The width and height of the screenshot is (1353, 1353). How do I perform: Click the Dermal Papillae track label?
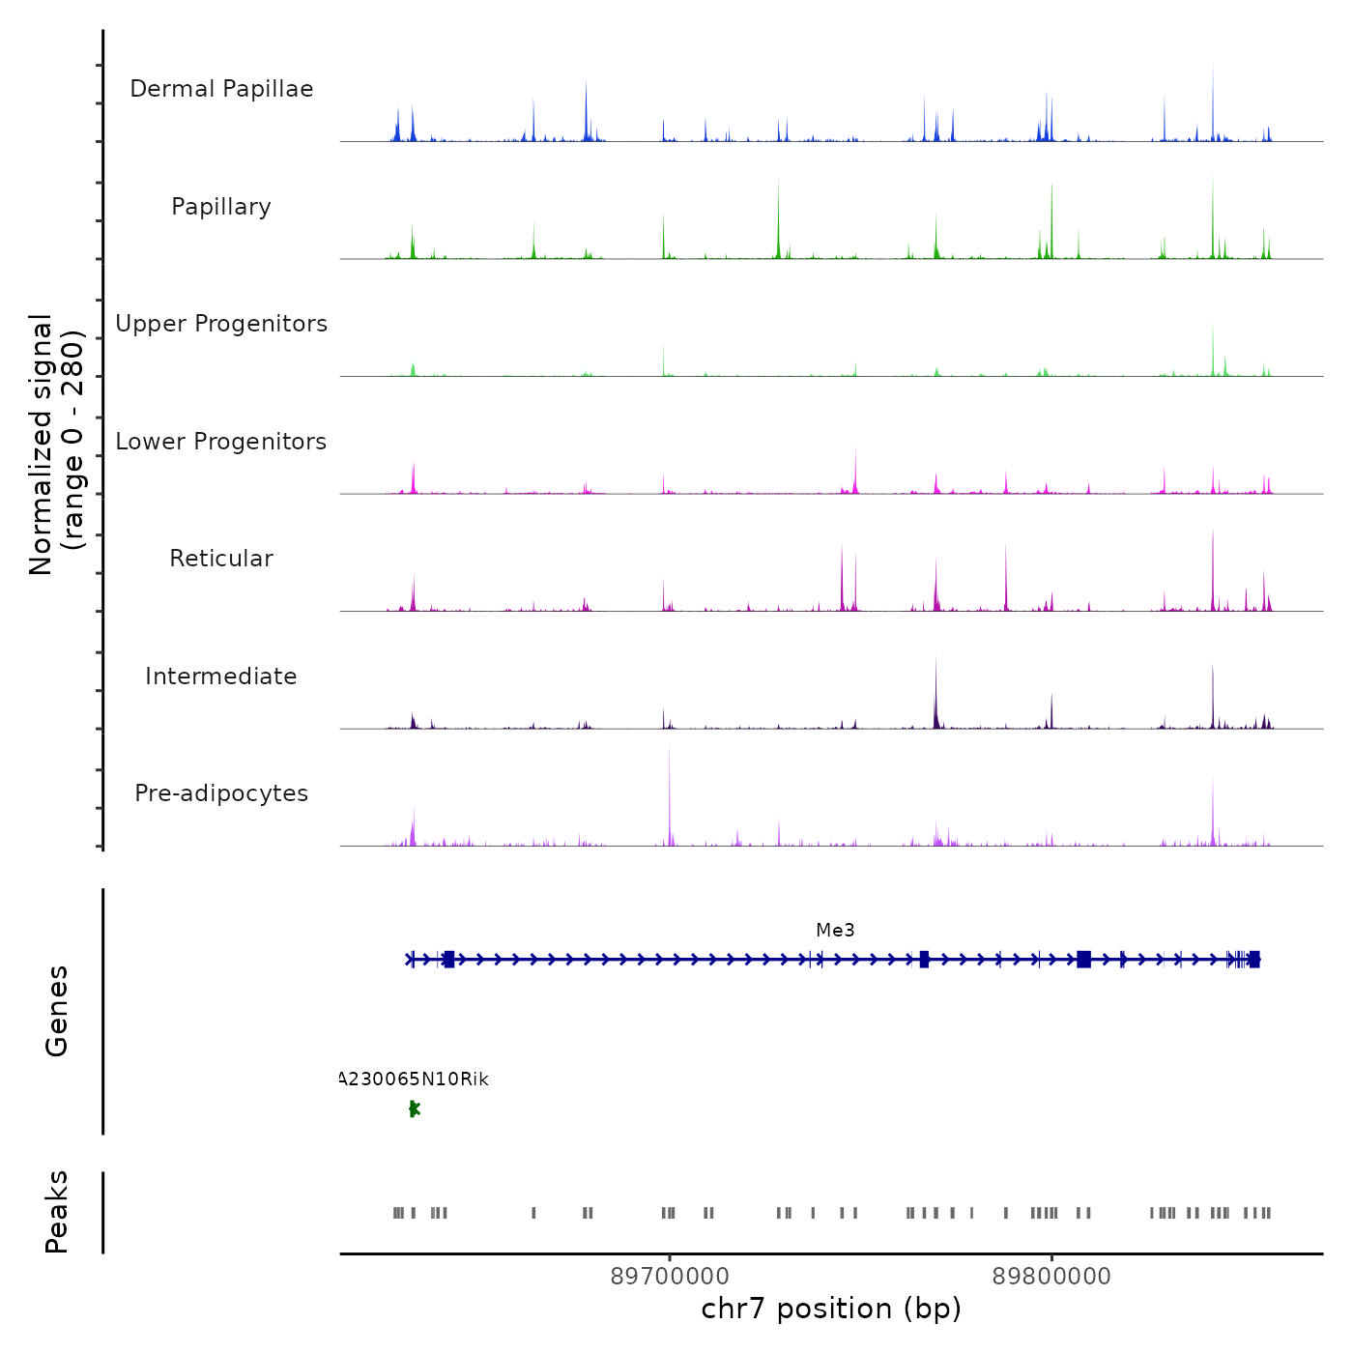tap(221, 89)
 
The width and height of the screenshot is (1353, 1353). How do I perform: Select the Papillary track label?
tap(221, 207)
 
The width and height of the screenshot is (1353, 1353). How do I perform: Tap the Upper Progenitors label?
tap(221, 324)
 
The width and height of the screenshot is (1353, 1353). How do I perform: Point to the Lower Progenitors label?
tap(221, 442)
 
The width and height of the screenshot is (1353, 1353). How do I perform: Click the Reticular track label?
tap(221, 559)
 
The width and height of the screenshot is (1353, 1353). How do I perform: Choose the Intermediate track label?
tap(221, 676)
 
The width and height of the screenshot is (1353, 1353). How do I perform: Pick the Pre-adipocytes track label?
tap(221, 793)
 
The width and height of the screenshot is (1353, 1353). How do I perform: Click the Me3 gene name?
tap(835, 930)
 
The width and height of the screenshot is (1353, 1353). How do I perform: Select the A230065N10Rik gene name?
tap(415, 1080)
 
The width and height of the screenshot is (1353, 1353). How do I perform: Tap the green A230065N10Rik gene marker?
tap(414, 1108)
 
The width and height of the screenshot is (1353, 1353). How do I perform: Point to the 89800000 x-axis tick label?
tap(1051, 1276)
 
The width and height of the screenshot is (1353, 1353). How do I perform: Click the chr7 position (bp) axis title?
tap(831, 1309)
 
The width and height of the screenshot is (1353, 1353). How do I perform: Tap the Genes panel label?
tap(56, 1011)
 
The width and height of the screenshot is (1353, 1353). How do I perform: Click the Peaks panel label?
tap(56, 1212)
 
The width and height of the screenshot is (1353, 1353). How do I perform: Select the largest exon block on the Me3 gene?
tap(1083, 959)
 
